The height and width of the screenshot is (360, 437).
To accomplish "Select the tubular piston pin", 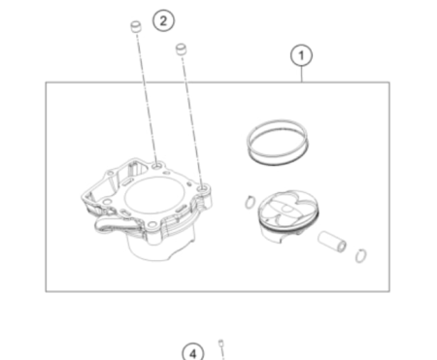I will tap(334, 239).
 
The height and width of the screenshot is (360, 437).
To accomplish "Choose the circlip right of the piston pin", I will tap(361, 256).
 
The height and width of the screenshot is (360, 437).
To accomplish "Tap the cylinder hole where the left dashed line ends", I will tap(156, 166).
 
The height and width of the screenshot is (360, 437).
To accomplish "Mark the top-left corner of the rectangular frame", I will tap(46, 82).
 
